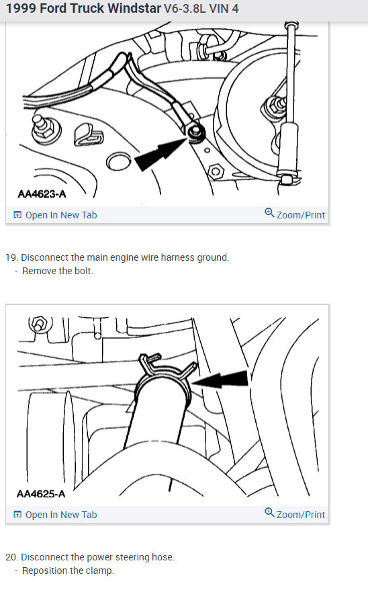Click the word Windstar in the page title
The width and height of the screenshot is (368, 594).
(x=132, y=9)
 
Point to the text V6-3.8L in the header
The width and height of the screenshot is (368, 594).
(x=185, y=9)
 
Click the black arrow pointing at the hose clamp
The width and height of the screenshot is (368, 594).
(x=224, y=381)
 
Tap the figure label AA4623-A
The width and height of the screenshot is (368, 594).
(x=42, y=195)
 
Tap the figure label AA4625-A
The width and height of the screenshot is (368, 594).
(x=42, y=494)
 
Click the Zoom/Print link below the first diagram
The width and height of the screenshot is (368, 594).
(x=295, y=215)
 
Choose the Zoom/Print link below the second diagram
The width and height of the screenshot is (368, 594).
(x=295, y=515)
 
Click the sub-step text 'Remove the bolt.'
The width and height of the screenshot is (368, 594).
(x=58, y=271)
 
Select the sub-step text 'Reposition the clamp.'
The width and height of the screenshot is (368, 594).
(x=68, y=570)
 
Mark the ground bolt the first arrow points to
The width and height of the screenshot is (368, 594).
(x=195, y=132)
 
